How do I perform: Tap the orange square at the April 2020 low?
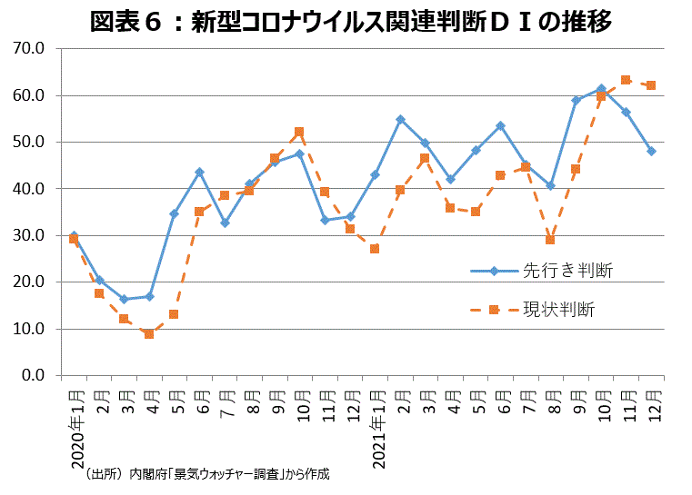[149, 334]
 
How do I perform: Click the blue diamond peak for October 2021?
[601, 89]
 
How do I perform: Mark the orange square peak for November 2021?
[626, 80]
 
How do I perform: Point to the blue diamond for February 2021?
[400, 119]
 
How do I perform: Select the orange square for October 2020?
[299, 132]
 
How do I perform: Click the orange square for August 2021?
[550, 240]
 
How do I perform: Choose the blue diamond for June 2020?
[199, 172]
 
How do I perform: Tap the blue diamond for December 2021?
[651, 151]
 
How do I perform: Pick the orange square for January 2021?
[375, 249]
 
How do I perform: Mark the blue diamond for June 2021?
[500, 125]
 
